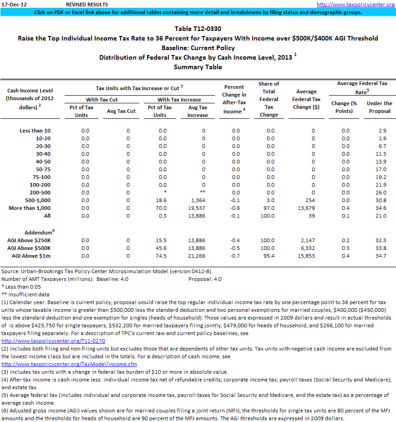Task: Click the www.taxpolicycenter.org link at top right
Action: point(355,5)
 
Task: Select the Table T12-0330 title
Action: point(198,29)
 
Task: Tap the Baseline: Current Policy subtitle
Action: point(198,48)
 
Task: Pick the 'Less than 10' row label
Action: point(35,131)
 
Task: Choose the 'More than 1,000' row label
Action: point(30,208)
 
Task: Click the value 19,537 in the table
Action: point(197,208)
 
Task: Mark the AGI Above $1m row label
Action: point(30,256)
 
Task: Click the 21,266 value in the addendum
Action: point(197,256)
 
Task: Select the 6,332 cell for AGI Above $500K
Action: point(307,248)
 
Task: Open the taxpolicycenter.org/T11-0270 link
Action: point(54,341)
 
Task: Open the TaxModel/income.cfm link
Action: point(69,364)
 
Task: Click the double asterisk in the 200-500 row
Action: point(203,193)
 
